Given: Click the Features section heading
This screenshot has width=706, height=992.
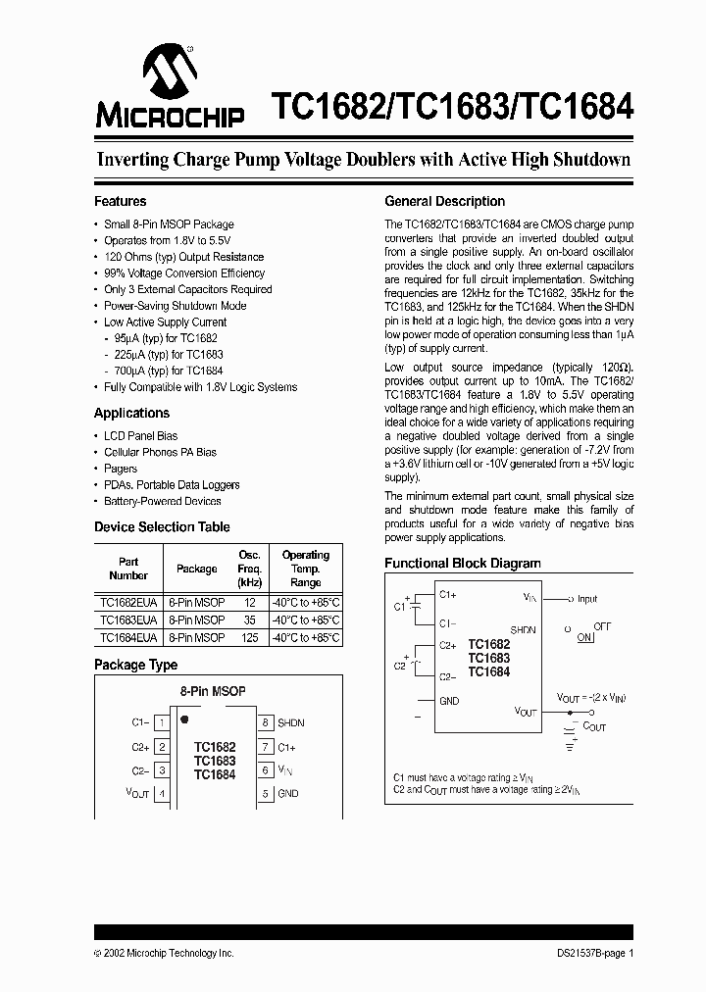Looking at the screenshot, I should point(120,201).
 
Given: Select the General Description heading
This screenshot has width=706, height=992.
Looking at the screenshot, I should point(444,201).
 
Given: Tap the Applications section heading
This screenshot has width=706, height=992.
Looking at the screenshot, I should point(131,413).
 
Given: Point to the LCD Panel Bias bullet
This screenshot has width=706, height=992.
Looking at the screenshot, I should point(140,436).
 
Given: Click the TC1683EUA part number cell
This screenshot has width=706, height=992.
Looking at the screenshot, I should point(127,620).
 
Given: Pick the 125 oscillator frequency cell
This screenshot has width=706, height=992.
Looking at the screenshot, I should point(249,637).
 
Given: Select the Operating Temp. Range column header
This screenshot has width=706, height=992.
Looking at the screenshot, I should point(306,569).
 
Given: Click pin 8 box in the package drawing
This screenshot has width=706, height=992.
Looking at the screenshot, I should point(265,722).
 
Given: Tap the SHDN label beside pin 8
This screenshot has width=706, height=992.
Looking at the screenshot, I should point(291,722).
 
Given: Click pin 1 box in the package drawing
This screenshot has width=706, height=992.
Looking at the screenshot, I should point(162,722).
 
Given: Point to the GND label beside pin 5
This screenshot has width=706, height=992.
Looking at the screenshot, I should point(287,793).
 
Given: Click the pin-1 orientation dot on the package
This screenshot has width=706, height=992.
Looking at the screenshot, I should point(184,719).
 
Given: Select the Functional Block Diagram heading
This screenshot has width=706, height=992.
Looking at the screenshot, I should point(462,564).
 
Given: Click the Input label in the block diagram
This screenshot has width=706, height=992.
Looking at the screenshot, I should point(587,598).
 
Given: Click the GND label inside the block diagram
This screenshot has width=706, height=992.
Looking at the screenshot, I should point(448,700).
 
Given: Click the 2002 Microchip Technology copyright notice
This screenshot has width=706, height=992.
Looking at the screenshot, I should point(164,953).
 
